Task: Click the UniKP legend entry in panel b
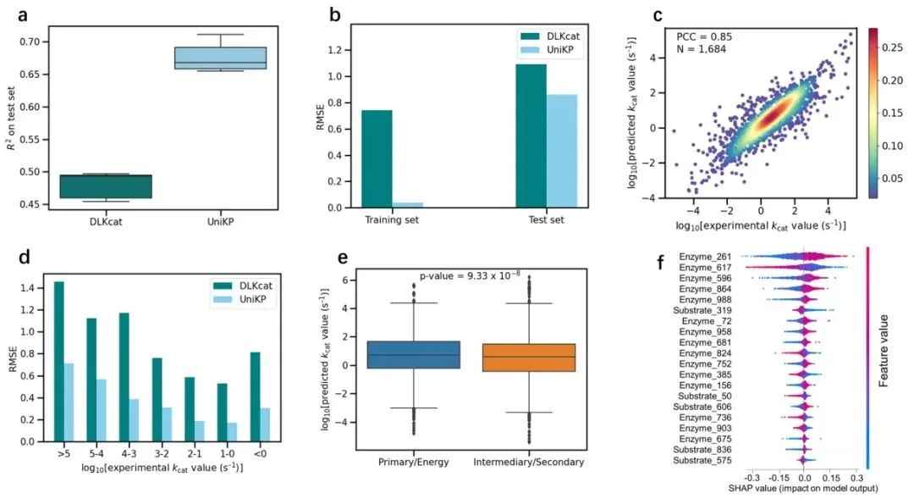tap(559, 51)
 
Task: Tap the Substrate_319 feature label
tap(706, 310)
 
